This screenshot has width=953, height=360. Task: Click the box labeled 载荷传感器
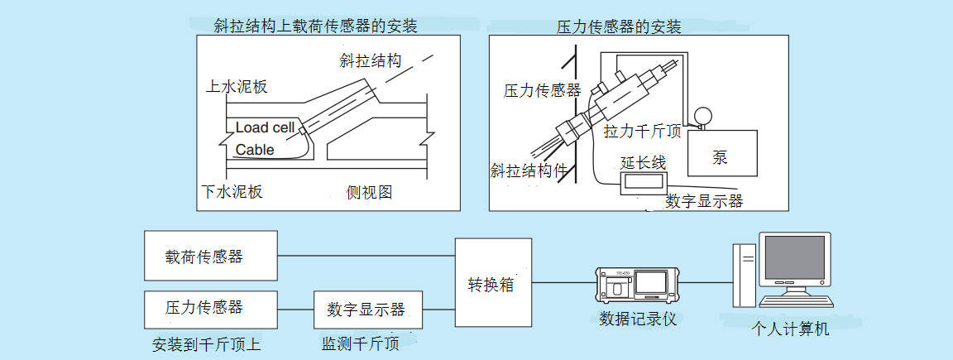(210, 257)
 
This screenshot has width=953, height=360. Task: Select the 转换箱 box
(493, 283)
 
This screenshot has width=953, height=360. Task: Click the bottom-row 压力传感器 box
(210, 308)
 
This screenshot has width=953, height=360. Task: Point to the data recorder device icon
(638, 286)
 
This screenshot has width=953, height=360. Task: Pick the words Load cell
(265, 127)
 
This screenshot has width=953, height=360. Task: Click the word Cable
(255, 150)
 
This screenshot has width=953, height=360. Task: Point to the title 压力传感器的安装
(620, 27)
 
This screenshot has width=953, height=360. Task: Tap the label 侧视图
(369, 193)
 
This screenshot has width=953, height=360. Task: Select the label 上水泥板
(237, 87)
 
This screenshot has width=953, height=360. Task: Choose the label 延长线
(643, 162)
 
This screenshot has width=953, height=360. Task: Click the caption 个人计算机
(790, 328)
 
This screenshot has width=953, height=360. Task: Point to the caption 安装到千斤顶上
(207, 343)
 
